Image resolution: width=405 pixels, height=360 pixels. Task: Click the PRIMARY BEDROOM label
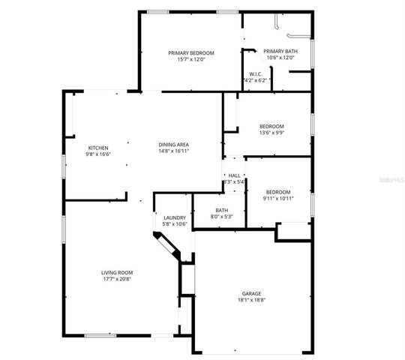190,52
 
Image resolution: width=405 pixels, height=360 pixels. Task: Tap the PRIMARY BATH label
280,51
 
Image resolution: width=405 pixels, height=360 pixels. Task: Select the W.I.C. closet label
255,73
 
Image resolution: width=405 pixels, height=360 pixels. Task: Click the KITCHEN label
99,147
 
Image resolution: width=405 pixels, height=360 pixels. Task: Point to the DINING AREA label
173,144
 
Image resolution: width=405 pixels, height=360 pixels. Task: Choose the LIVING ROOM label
117,272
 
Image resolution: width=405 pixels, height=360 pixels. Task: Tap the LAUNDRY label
174,217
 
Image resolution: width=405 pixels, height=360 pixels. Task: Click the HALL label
234,175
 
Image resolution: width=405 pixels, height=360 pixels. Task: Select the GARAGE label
251,293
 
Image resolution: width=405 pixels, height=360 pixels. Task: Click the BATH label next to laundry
221,210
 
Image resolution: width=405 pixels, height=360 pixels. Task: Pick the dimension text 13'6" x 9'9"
271,133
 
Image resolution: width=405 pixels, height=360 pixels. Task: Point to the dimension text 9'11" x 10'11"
277,199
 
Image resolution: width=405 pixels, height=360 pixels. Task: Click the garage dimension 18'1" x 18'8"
251,300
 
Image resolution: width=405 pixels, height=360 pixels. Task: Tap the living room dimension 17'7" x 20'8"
117,279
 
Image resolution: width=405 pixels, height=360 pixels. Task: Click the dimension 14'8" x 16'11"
173,151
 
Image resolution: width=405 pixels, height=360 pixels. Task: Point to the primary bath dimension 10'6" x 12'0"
280,58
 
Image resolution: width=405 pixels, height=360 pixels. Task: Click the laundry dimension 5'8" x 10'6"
174,224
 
